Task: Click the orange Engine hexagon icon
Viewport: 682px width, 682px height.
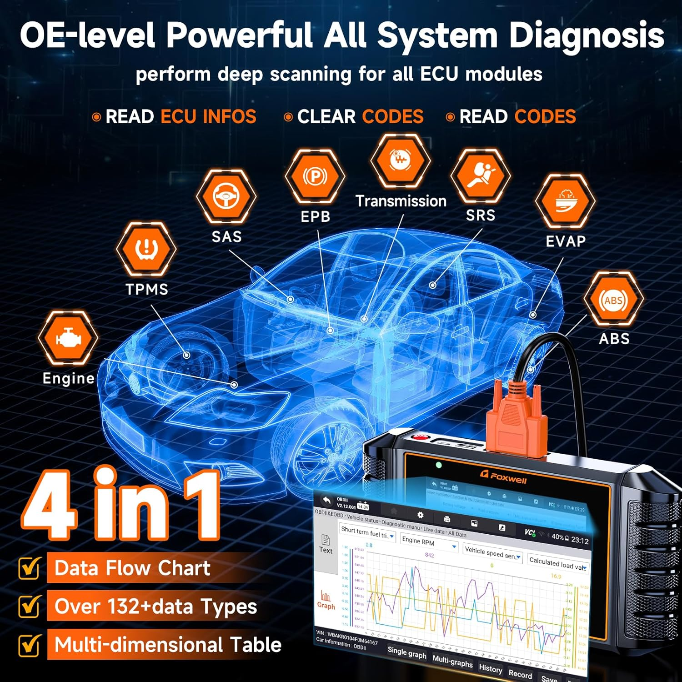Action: tap(68, 338)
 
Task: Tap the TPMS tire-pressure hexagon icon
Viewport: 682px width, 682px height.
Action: tap(146, 249)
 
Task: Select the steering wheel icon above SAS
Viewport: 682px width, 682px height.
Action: tap(226, 196)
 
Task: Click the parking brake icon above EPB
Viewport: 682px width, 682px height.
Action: tap(315, 176)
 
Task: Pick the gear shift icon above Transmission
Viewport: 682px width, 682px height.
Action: tap(400, 160)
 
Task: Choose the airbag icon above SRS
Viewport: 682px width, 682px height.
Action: tap(480, 175)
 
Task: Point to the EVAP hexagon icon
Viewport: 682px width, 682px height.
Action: tap(565, 201)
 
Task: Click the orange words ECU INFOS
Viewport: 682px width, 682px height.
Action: tap(208, 117)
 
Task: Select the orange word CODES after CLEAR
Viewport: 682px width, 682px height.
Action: tap(392, 117)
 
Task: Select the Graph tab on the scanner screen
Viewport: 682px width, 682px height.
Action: tap(326, 600)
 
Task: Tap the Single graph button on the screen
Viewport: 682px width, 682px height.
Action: tap(406, 653)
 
